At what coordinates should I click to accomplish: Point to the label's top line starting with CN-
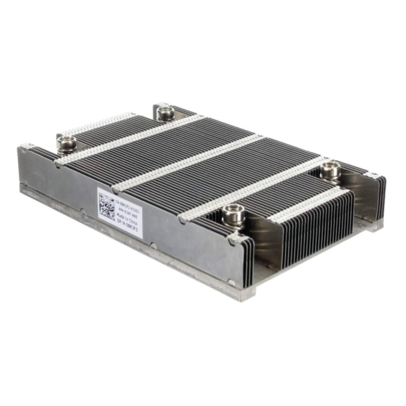127,201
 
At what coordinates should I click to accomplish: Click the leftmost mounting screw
66,145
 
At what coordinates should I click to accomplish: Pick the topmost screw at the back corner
165,112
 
